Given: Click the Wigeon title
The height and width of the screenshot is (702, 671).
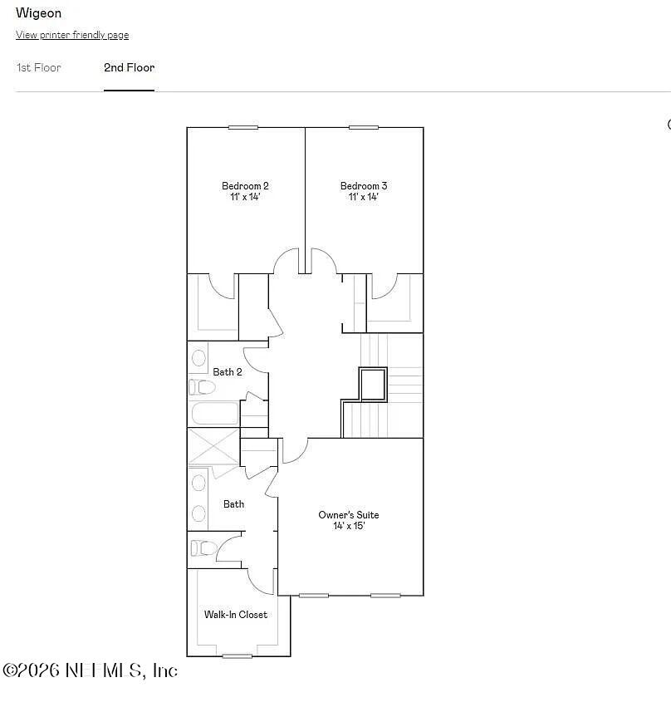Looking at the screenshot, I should tap(39, 13).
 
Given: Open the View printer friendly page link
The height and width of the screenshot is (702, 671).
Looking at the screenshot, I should tap(72, 35).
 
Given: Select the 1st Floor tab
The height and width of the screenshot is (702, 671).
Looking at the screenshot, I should tap(39, 67).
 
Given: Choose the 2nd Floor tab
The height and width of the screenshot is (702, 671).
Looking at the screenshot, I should tap(129, 67).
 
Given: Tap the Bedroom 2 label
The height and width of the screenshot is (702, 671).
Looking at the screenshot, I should tap(245, 186).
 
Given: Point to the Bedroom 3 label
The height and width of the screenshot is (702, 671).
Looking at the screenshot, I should tap(364, 186).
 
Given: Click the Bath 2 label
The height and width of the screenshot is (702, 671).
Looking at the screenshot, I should tap(228, 372).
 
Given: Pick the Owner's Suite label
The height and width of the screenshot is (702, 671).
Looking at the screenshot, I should tap(349, 515).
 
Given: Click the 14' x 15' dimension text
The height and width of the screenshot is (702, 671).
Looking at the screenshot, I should tap(349, 526).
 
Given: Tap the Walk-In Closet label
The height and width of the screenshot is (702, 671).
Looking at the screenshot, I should tap(236, 615).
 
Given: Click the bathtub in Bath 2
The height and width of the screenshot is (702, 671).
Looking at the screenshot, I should tap(214, 414).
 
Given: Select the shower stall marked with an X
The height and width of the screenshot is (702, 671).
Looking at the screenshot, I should tap(213, 448).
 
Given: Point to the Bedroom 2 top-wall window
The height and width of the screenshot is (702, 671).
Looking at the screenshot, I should tap(242, 127).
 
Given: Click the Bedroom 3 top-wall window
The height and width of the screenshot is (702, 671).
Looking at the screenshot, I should tap(363, 127).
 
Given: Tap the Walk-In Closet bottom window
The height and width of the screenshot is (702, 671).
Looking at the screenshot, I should tap(237, 656).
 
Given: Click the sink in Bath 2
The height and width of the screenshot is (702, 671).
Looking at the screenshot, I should tap(199, 358).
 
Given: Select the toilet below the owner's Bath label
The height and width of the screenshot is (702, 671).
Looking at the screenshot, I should tap(203, 548).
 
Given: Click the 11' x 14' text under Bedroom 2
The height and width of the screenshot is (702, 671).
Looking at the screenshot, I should tap(245, 197).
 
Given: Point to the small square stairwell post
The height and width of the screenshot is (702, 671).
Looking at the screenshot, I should tap(373, 383).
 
